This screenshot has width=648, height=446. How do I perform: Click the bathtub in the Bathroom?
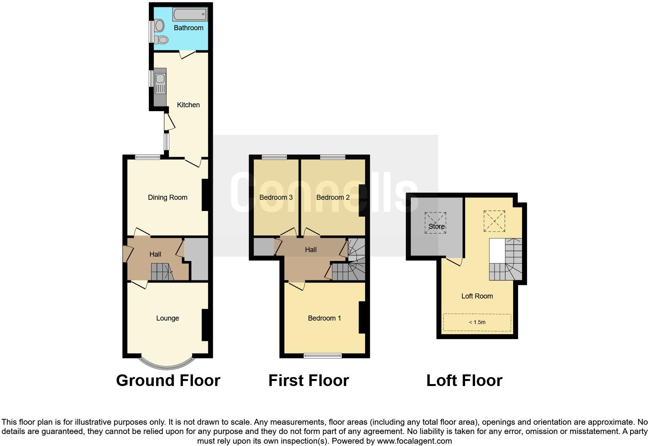[x=190, y=14]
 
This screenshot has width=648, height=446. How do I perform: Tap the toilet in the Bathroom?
[x=162, y=39]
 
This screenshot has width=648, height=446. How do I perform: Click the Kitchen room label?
[x=188, y=105]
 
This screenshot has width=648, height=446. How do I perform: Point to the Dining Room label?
[x=167, y=197]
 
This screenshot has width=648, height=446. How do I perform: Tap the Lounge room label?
[x=167, y=318]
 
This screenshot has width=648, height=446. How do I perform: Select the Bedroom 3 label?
[x=276, y=197]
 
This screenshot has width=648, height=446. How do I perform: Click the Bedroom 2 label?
[x=333, y=197]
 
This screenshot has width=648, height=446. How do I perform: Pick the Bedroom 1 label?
[x=324, y=318]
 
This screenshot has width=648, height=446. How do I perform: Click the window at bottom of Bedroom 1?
[x=322, y=355]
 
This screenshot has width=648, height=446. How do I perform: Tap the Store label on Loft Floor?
[x=436, y=226]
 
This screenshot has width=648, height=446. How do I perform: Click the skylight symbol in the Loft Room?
[x=494, y=221]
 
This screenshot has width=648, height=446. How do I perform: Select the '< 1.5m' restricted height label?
[x=477, y=322]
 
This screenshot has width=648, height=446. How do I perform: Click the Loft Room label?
[x=477, y=296]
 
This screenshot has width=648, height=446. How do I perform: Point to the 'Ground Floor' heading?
[x=168, y=381]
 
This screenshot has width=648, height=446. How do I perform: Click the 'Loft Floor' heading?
[x=464, y=381]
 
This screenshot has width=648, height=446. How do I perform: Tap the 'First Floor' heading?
[x=308, y=381]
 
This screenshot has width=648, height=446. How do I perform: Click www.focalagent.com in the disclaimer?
[x=414, y=441]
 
